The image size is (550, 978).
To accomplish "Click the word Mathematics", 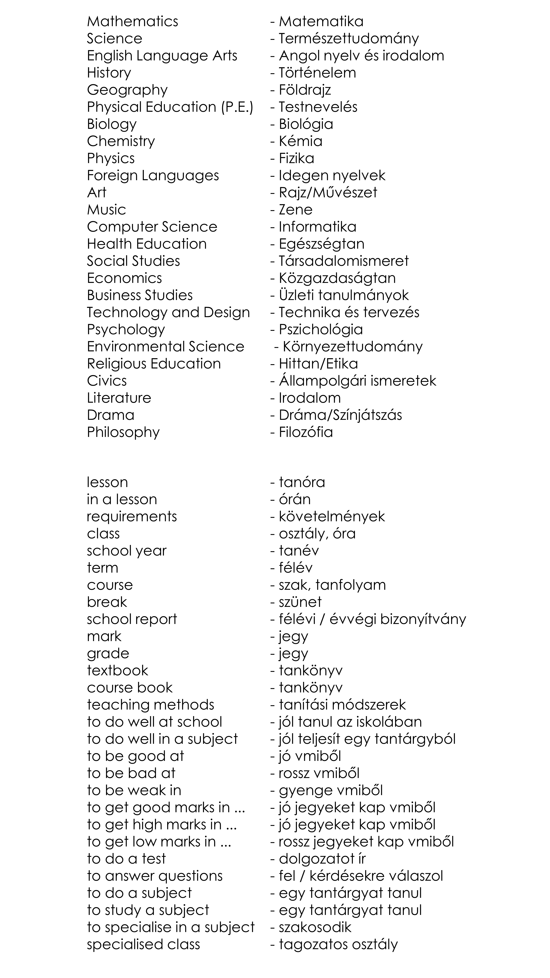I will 132,22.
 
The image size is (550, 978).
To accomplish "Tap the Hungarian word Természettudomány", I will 348,39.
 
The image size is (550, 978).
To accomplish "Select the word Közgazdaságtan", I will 337,278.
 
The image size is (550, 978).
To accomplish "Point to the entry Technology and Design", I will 168,312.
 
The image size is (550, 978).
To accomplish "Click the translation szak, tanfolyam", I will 332,585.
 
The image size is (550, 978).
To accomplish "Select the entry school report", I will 132,619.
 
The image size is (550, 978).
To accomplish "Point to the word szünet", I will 300,602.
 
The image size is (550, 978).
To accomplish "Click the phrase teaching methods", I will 150,705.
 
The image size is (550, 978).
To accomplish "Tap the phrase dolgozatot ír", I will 322,859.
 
